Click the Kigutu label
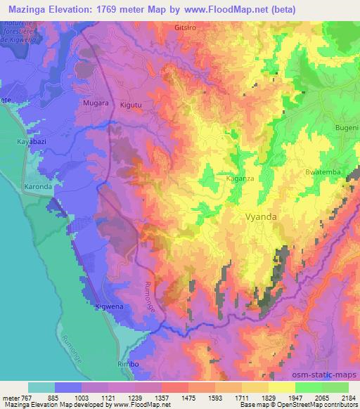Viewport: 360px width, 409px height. tap(131, 104)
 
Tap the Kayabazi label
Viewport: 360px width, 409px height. tap(31, 142)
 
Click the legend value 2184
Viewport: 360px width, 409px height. tap(348, 398)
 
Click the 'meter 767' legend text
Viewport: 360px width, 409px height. tap(16, 398)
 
